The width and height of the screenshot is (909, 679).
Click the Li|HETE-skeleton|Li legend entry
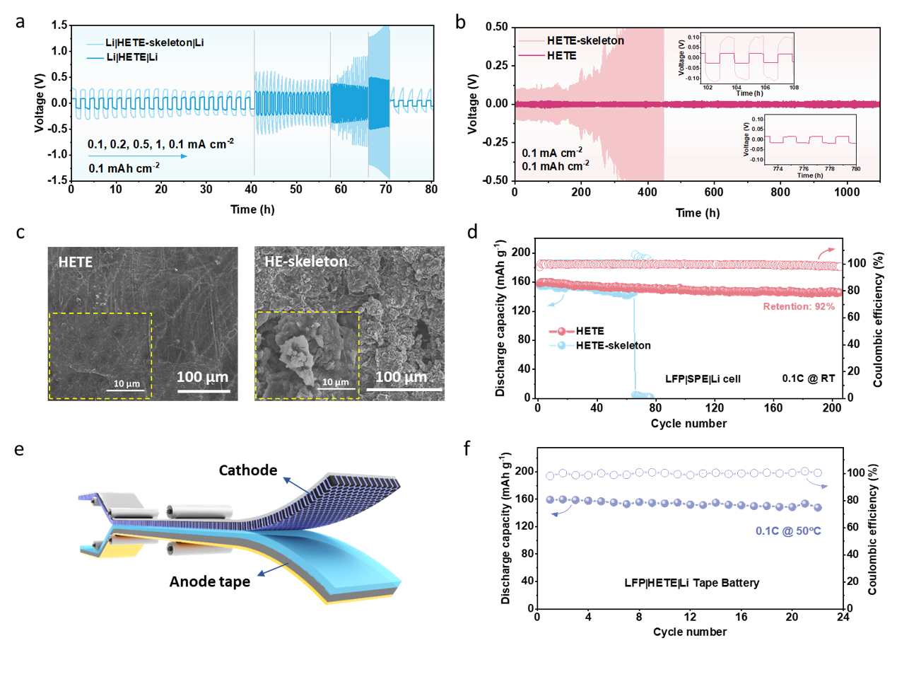[154, 43]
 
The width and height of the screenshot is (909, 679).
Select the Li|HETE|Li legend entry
[131, 57]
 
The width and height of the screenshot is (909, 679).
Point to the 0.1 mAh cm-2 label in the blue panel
[124, 168]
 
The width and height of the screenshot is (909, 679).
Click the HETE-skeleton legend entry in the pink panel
[585, 41]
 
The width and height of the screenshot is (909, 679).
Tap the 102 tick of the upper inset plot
[708, 88]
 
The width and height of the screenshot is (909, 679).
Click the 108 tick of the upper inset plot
[794, 88]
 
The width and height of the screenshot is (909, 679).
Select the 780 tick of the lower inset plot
[855, 169]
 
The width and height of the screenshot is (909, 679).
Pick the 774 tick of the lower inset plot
[778, 169]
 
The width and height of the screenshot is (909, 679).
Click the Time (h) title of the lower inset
[809, 175]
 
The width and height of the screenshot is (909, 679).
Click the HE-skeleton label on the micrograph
[306, 262]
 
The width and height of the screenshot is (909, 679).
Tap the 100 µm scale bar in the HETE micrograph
[203, 390]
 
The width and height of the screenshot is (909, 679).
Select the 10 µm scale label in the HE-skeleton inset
[336, 382]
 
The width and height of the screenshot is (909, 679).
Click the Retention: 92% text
[799, 307]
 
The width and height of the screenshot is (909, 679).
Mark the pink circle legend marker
[562, 331]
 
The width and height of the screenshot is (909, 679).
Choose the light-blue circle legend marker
[562, 345]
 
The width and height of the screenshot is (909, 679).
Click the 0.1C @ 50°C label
[788, 531]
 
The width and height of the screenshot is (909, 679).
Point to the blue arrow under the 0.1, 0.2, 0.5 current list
[138, 156]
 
